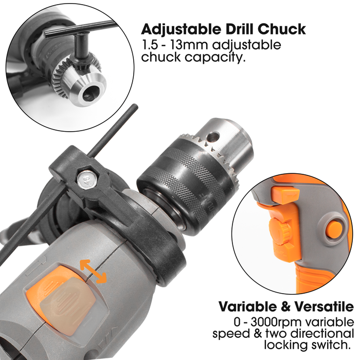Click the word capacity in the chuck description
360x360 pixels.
214,57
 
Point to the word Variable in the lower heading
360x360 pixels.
248,307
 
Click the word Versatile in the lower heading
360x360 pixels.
323,307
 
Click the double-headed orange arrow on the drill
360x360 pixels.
93,272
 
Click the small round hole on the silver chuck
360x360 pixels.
212,137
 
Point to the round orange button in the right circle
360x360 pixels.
335,230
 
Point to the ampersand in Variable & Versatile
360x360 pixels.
286,307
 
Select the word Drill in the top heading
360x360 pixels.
238,29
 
